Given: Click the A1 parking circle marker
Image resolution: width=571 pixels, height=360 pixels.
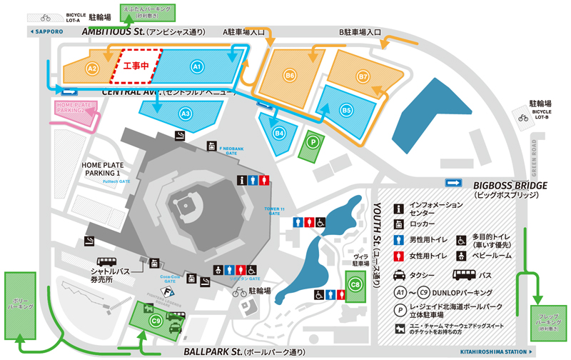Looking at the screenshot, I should tap(198, 66).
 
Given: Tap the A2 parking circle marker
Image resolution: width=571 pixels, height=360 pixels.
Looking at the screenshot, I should tap(91, 68).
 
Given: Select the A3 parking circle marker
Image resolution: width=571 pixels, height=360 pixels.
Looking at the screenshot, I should tap(185, 112).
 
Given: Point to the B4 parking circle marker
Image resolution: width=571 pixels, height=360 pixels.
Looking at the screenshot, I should tap(280, 132).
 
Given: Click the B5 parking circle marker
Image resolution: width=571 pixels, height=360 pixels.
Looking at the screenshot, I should tap(346, 111).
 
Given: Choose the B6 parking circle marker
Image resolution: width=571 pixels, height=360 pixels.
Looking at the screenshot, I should tap(289, 75).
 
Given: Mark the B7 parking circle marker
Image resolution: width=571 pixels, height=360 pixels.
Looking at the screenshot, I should tap(363, 76).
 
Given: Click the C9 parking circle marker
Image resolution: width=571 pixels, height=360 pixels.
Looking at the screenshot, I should tap(156, 321).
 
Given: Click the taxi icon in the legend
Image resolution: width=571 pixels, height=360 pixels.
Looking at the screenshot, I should tap(400, 274).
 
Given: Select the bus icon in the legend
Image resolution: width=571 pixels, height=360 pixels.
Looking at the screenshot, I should tap(462, 274).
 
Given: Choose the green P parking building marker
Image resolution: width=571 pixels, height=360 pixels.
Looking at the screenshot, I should tap(312, 141).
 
